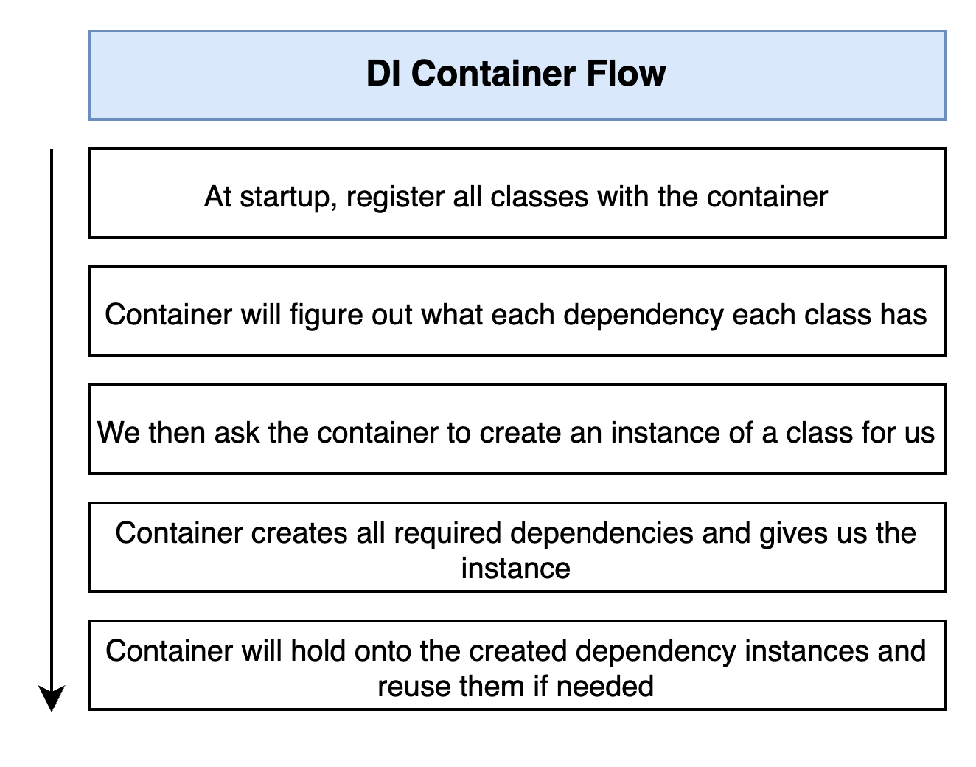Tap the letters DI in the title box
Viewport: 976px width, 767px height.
click(x=383, y=73)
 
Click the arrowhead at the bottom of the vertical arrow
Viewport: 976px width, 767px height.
click(x=52, y=698)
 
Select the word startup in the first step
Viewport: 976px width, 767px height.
click(x=288, y=198)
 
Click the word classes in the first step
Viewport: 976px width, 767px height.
click(x=539, y=197)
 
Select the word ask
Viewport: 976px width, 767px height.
click(x=237, y=432)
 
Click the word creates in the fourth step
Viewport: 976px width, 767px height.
click(x=299, y=533)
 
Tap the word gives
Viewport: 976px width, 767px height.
click(x=793, y=534)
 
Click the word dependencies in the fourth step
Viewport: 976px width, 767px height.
click(x=602, y=534)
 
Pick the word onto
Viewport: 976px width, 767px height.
click(x=383, y=651)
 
